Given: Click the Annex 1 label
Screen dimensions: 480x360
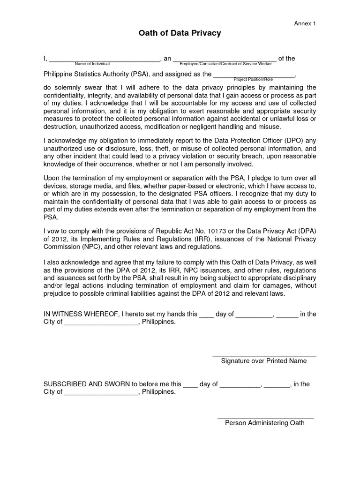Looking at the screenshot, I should click(x=305, y=23).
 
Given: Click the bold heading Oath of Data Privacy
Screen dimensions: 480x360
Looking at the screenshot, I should click(x=180, y=33).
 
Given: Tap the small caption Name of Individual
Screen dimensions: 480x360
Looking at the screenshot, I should click(x=92, y=63).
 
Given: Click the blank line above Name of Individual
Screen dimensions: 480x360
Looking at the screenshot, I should click(x=104, y=60).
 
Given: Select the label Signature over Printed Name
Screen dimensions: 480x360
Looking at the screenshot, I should click(x=264, y=361).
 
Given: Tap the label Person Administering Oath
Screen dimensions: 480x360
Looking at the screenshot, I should click(x=265, y=423).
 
